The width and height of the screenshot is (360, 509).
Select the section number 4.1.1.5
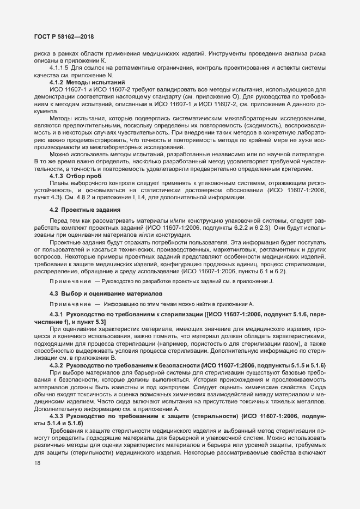coord(59,68)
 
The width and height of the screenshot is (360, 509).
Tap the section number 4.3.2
coord(57,364)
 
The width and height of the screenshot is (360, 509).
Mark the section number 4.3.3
coord(57,415)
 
